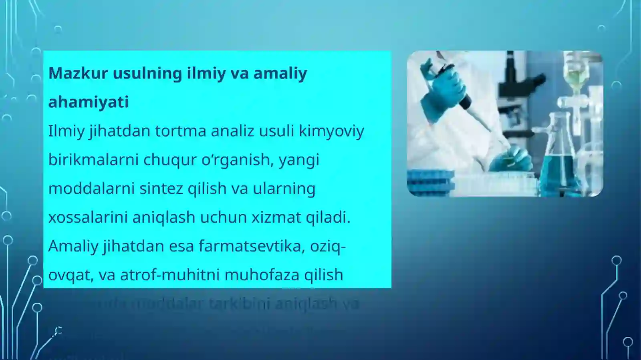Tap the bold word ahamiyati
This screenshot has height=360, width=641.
[x=89, y=102]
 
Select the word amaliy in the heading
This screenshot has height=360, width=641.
[x=280, y=73]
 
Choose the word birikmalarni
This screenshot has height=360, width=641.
[x=93, y=160]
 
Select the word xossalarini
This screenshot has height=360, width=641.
[x=88, y=217]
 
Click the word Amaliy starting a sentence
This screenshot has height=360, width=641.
[x=73, y=246]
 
